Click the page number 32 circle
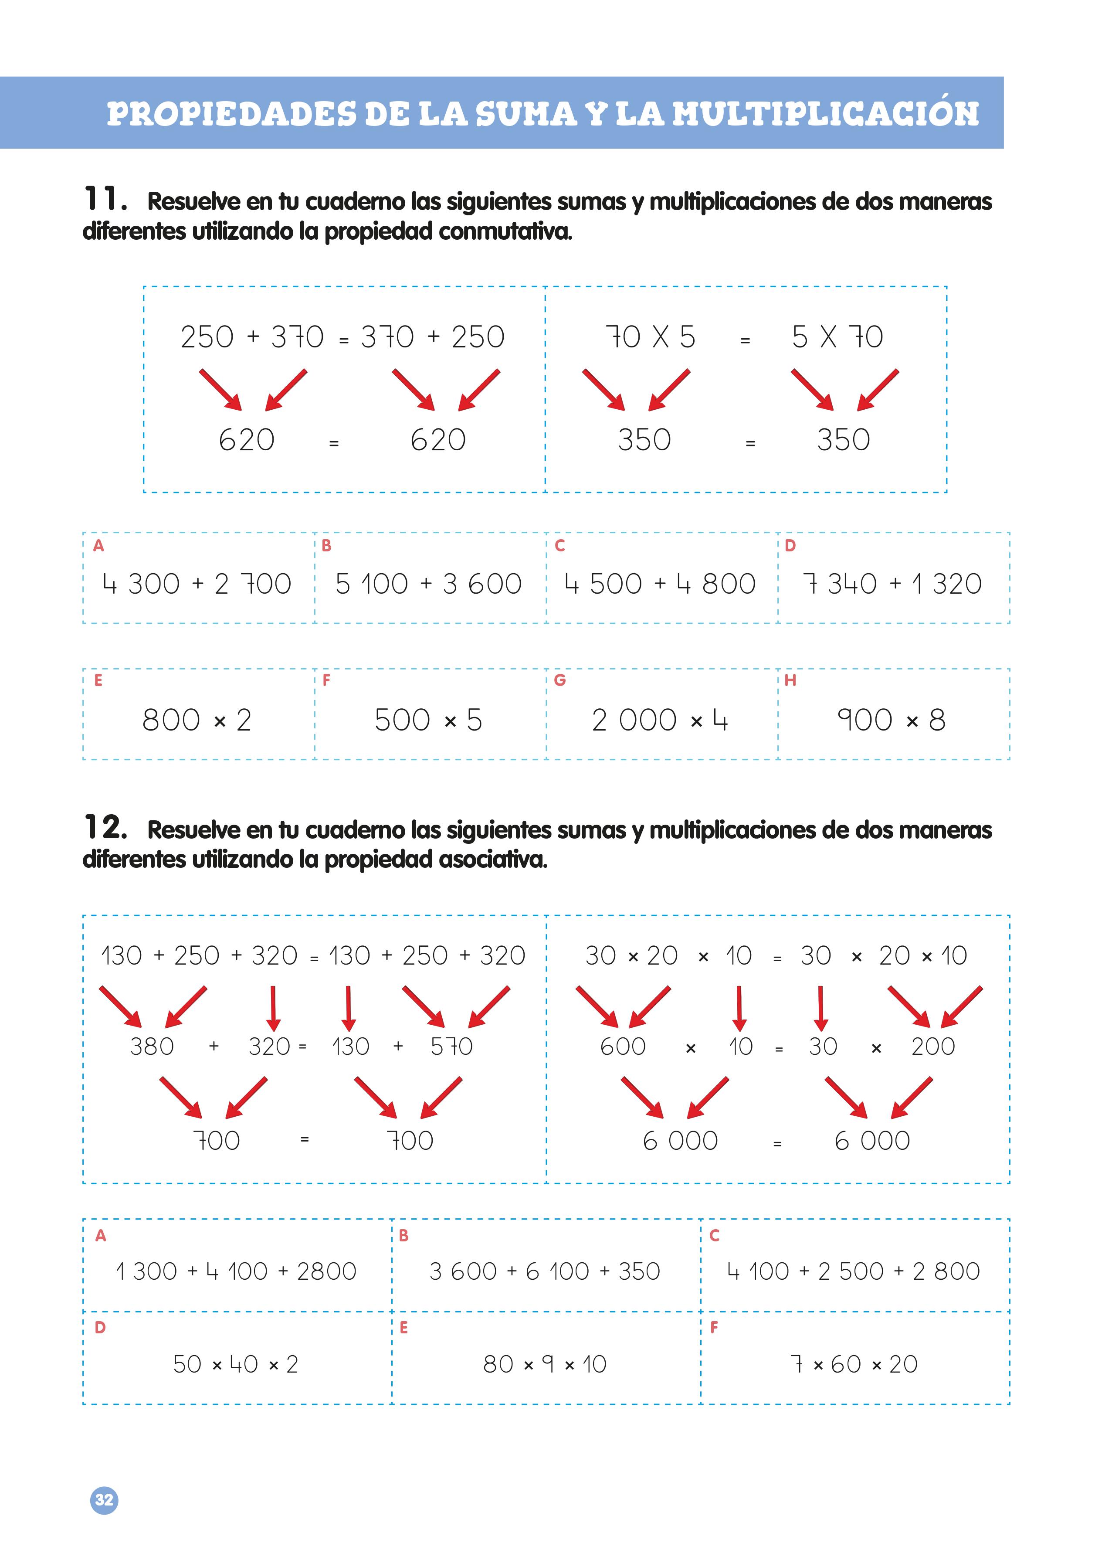tap(104, 1500)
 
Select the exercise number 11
tap(105, 199)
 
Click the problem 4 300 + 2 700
tap(197, 584)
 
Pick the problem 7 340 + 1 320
tap(892, 584)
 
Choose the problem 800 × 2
tap(197, 721)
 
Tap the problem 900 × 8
tap(892, 721)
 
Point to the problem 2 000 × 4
tap(660, 721)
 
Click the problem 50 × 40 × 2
tap(236, 1364)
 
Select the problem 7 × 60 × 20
tap(854, 1364)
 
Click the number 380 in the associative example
tap(152, 1047)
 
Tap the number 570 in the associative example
tap(451, 1047)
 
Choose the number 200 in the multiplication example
tap(932, 1047)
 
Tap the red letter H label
tap(790, 680)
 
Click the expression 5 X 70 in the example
tap(837, 337)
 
